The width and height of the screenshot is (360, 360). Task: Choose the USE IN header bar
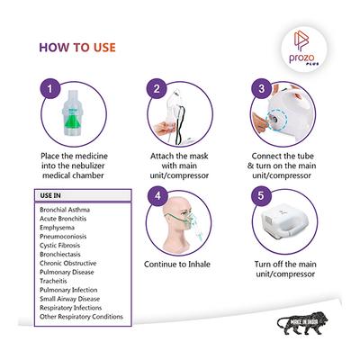[x=76, y=195]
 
